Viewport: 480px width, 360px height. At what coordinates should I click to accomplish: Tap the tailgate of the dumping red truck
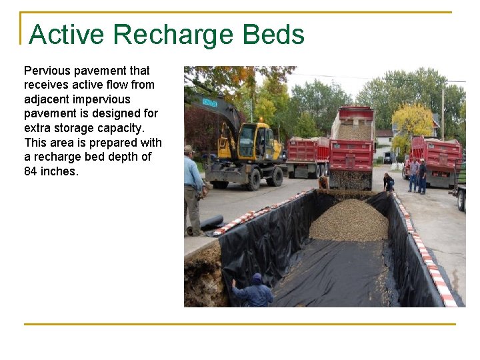click(351, 155)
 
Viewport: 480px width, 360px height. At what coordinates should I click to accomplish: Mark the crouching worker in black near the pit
click(389, 181)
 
